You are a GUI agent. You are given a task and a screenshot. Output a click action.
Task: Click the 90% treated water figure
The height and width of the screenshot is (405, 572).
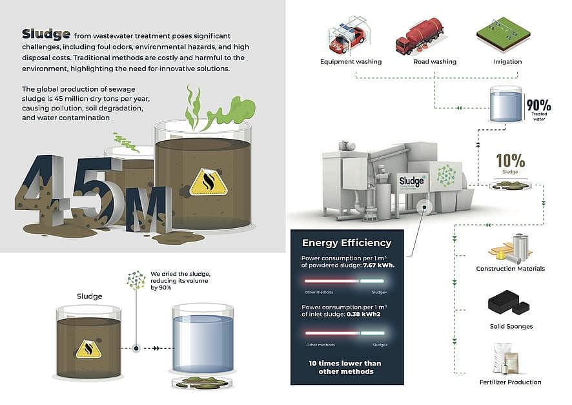(538, 105)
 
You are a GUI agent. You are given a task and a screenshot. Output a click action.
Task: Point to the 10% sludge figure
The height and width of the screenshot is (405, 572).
(510, 160)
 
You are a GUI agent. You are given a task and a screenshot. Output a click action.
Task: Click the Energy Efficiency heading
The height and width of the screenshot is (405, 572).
(347, 243)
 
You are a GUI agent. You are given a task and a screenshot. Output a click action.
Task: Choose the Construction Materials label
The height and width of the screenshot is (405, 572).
(510, 269)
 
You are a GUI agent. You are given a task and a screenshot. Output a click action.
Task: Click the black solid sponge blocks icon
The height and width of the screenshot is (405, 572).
(509, 304)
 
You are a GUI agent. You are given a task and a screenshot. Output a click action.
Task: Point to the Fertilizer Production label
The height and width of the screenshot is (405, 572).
(510, 382)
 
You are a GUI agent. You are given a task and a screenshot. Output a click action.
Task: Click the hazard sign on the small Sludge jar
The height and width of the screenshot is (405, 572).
(88, 348)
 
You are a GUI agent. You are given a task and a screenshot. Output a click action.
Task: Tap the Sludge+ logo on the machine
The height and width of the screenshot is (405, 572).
(412, 181)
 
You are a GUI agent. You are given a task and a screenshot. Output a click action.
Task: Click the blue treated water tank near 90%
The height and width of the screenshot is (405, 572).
(506, 105)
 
